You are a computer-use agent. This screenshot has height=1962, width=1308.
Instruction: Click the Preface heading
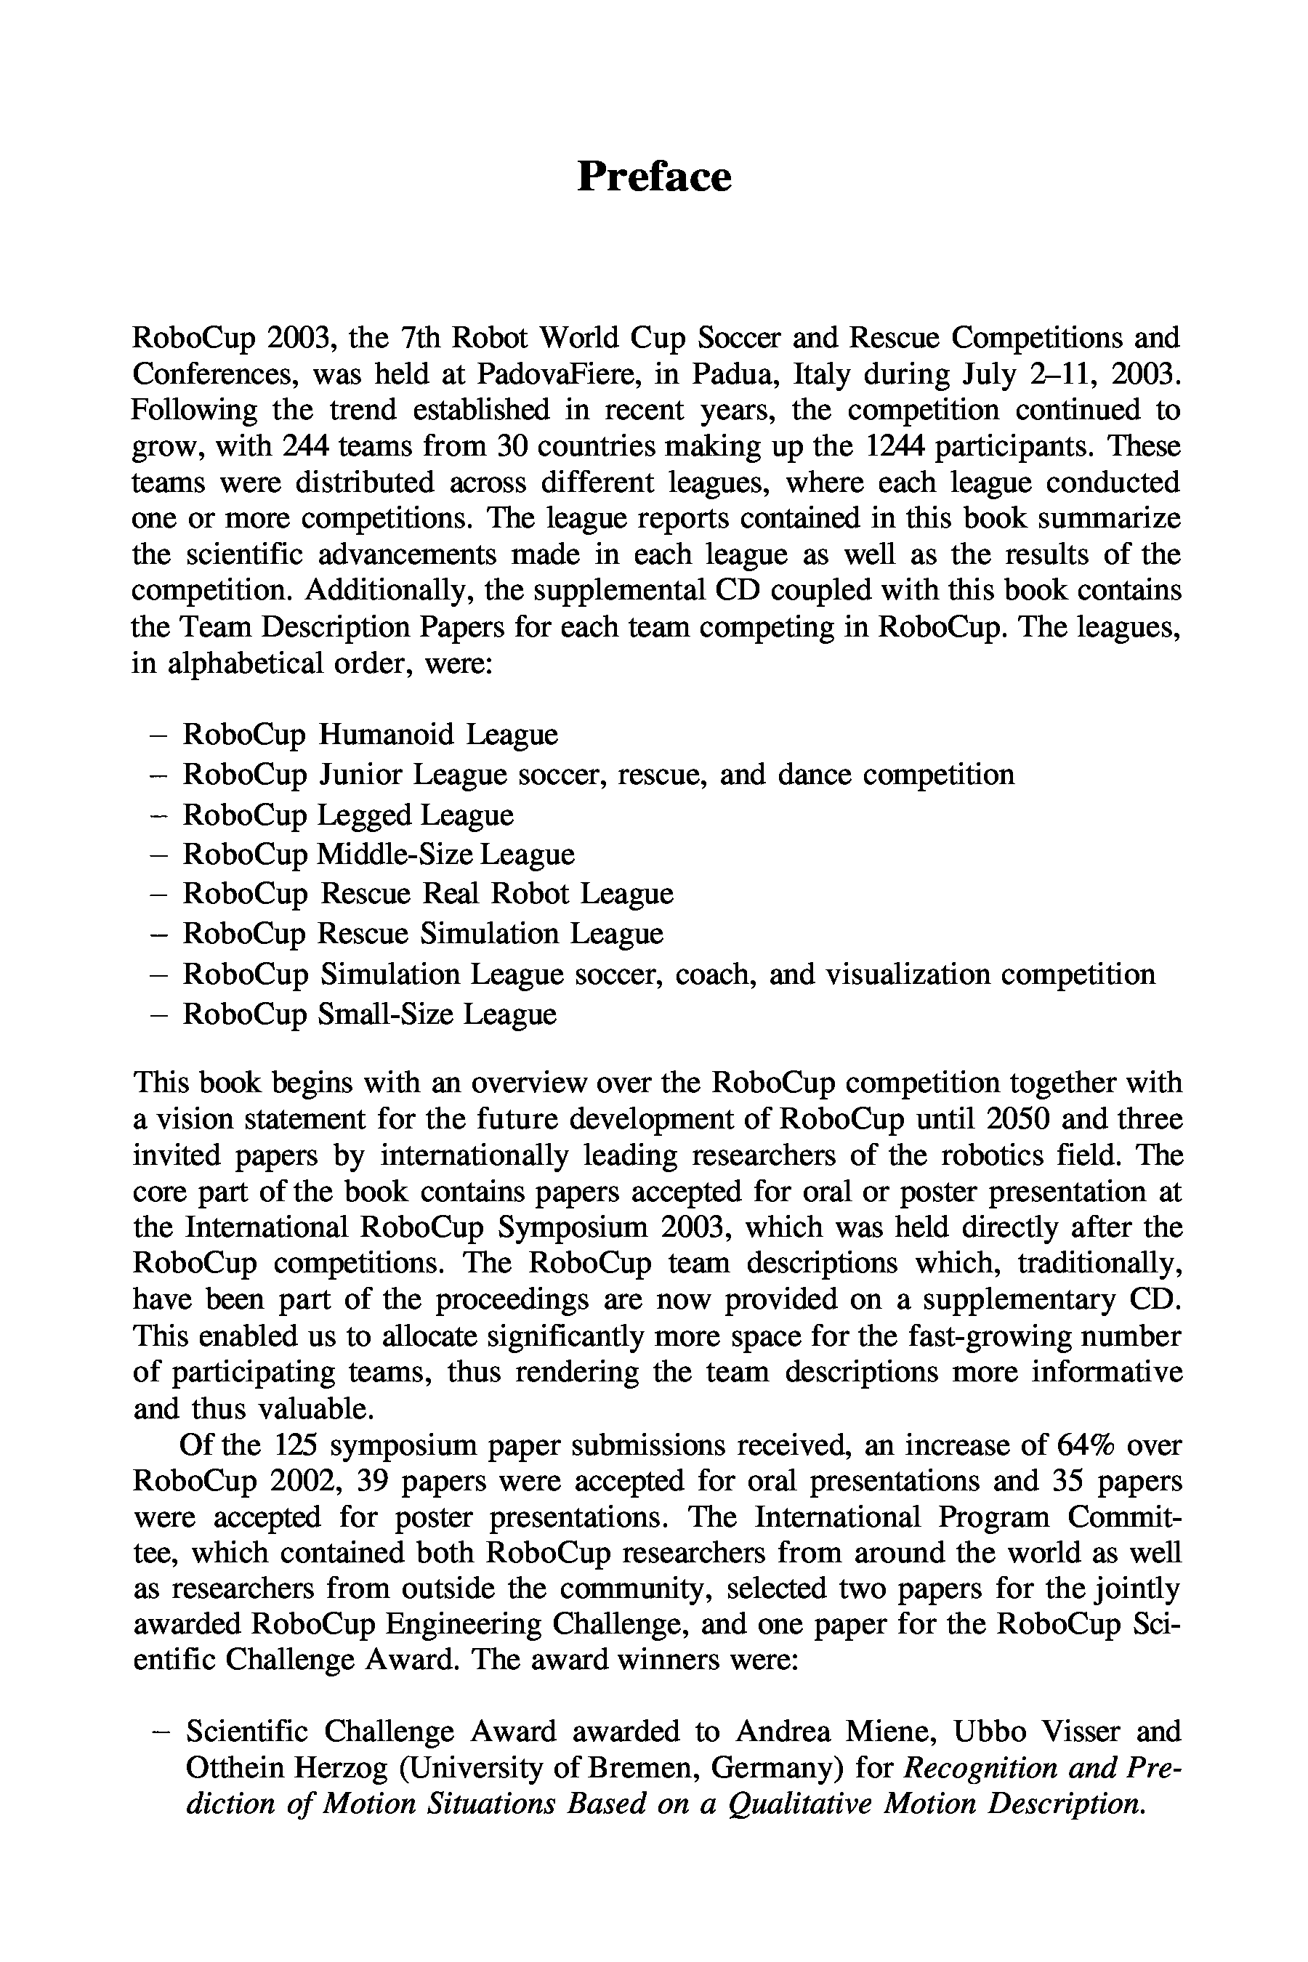[x=654, y=177]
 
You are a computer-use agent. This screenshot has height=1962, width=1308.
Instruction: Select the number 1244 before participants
[x=895, y=446]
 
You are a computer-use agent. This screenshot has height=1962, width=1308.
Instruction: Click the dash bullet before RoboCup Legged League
[x=156, y=814]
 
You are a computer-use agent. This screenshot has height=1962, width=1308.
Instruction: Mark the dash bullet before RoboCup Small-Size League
[x=156, y=1014]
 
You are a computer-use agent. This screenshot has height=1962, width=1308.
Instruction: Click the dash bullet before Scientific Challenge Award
[x=158, y=1731]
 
